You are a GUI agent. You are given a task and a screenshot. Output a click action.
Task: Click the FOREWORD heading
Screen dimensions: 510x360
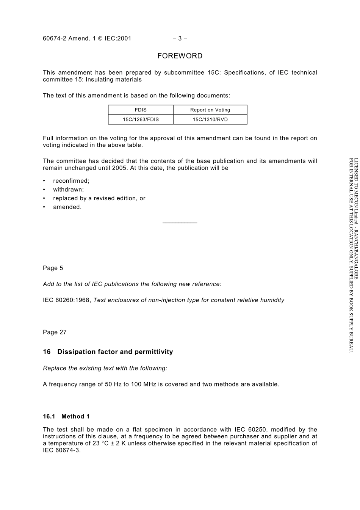[x=180, y=56]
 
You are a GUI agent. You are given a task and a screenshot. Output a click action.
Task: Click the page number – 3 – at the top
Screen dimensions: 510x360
[x=180, y=38]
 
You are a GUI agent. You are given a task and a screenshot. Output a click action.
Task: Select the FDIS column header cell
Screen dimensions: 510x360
[x=141, y=110]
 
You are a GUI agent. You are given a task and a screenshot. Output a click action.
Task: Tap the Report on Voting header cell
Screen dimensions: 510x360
[x=210, y=110]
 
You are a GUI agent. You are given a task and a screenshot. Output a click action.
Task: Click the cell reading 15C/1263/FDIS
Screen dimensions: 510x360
[x=141, y=119]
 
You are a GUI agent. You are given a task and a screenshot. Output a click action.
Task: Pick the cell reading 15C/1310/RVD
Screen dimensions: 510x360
[x=210, y=119]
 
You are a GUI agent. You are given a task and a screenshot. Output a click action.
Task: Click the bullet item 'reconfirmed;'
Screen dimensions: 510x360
[x=71, y=181]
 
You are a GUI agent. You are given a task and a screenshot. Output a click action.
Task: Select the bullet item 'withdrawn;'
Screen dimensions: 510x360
[x=68, y=190]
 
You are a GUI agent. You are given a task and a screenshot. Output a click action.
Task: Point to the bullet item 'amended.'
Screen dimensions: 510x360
[x=67, y=207]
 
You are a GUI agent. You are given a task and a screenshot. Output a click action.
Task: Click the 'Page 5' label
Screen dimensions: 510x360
[x=53, y=268]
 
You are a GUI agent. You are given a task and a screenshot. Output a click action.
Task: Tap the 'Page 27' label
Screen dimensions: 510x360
[x=55, y=332]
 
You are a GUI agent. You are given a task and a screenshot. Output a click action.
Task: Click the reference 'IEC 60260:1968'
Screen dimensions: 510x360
[x=66, y=300]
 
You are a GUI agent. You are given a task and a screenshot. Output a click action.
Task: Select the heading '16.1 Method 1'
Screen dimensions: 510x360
[x=66, y=416]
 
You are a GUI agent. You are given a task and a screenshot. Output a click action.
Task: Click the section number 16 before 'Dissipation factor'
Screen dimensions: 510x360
[x=47, y=352]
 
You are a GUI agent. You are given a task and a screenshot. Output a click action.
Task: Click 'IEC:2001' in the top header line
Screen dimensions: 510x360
[x=118, y=38]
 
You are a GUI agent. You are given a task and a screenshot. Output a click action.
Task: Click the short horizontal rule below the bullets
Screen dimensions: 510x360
[x=180, y=223]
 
